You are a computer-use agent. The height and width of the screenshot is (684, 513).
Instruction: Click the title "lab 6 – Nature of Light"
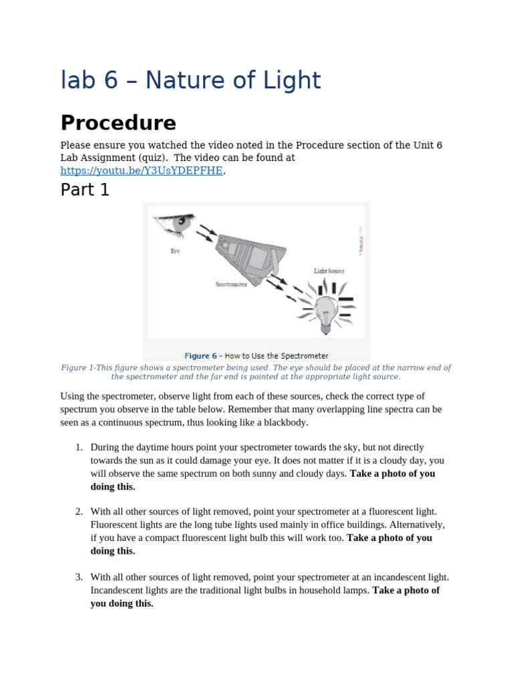click(x=190, y=81)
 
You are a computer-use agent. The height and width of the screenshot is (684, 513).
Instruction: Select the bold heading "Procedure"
click(x=118, y=123)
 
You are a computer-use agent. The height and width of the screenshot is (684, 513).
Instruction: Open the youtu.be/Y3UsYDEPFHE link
click(x=141, y=171)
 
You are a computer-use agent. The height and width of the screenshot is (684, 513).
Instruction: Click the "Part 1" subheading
click(x=85, y=190)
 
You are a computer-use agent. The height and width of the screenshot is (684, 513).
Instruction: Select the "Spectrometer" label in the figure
click(x=231, y=284)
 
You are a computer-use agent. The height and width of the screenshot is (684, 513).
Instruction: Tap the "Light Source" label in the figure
click(x=329, y=271)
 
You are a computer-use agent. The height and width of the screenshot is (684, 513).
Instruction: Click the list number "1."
click(x=79, y=447)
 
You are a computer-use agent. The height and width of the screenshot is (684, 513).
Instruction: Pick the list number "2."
click(x=79, y=511)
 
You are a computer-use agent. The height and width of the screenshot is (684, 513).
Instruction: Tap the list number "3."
click(x=79, y=576)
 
